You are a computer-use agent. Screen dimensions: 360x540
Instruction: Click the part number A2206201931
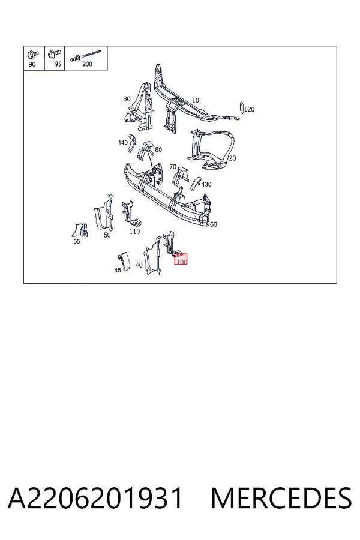(x=95, y=498)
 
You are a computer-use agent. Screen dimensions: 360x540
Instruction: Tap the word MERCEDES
(x=281, y=498)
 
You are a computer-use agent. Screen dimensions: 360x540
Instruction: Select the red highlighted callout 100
(x=181, y=259)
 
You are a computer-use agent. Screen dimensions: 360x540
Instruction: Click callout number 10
(x=196, y=100)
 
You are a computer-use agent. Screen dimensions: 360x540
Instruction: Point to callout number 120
(x=249, y=109)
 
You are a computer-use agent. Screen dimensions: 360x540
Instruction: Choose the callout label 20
(x=233, y=158)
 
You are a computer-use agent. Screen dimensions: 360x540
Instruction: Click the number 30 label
(x=127, y=99)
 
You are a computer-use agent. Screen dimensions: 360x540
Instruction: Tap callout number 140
(x=123, y=142)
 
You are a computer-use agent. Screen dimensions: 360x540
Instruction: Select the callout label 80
(x=158, y=149)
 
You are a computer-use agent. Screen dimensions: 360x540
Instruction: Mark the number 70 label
(x=173, y=167)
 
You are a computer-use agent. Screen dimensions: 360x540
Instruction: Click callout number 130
(x=206, y=184)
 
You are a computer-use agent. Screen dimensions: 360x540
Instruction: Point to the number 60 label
(x=214, y=224)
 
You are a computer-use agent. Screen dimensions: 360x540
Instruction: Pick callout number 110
(x=134, y=231)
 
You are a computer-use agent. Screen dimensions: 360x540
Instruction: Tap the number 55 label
(x=77, y=241)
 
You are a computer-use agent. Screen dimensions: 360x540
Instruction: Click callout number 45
(x=118, y=270)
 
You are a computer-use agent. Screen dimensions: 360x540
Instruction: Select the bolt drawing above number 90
(x=34, y=55)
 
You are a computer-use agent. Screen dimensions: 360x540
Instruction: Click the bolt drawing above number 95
(x=55, y=54)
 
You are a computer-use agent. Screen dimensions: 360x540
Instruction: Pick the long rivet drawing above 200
(x=86, y=55)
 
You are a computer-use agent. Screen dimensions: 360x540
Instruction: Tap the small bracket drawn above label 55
(x=80, y=230)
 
